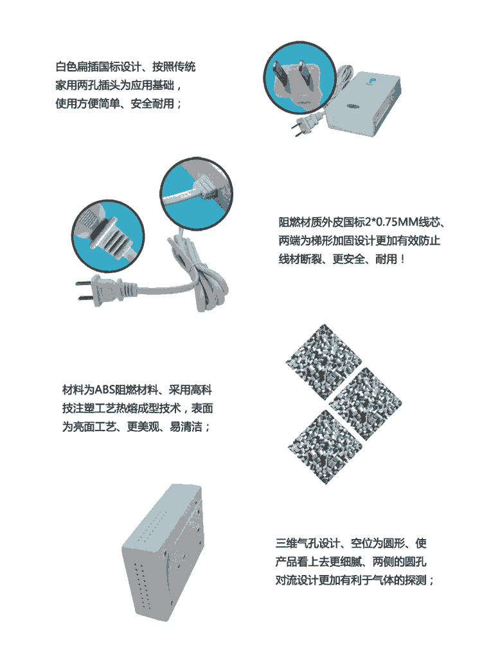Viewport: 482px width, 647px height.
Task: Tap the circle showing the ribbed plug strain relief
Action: pos(108,236)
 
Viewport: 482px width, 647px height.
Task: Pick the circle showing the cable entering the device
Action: pos(196,194)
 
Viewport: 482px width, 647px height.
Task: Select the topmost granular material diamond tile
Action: pos(323,362)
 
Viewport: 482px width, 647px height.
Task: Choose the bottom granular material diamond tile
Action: pos(325,446)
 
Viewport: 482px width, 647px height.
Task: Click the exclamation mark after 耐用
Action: pos(403,260)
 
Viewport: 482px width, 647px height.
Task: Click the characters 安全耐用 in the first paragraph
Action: pos(152,103)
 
